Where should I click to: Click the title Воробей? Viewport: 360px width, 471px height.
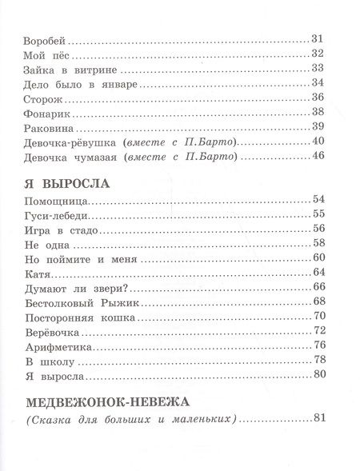[x=49, y=39]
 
